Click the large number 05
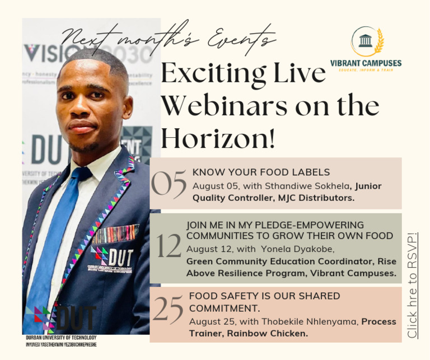click(x=169, y=185)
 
